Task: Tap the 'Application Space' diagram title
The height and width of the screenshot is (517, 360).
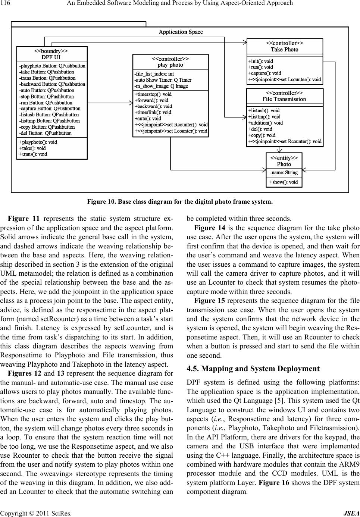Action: coord(181,32)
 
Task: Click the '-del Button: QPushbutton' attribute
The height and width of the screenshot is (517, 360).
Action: coord(45,133)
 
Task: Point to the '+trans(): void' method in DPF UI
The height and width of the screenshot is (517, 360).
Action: coord(33,154)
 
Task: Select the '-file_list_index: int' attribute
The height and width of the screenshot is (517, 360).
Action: coord(154,74)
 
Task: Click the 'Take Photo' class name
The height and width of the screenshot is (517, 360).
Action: coord(284,49)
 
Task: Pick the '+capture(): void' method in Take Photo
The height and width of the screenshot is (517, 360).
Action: coord(264,73)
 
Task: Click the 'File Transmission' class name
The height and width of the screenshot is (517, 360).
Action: coord(284,99)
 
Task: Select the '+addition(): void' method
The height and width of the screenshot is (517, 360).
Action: coord(265,123)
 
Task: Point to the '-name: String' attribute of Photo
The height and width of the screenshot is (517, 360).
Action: coord(284,172)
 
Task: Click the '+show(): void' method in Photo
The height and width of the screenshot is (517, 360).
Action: coord(284,182)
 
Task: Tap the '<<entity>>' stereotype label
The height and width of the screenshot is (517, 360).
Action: coord(284,158)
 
